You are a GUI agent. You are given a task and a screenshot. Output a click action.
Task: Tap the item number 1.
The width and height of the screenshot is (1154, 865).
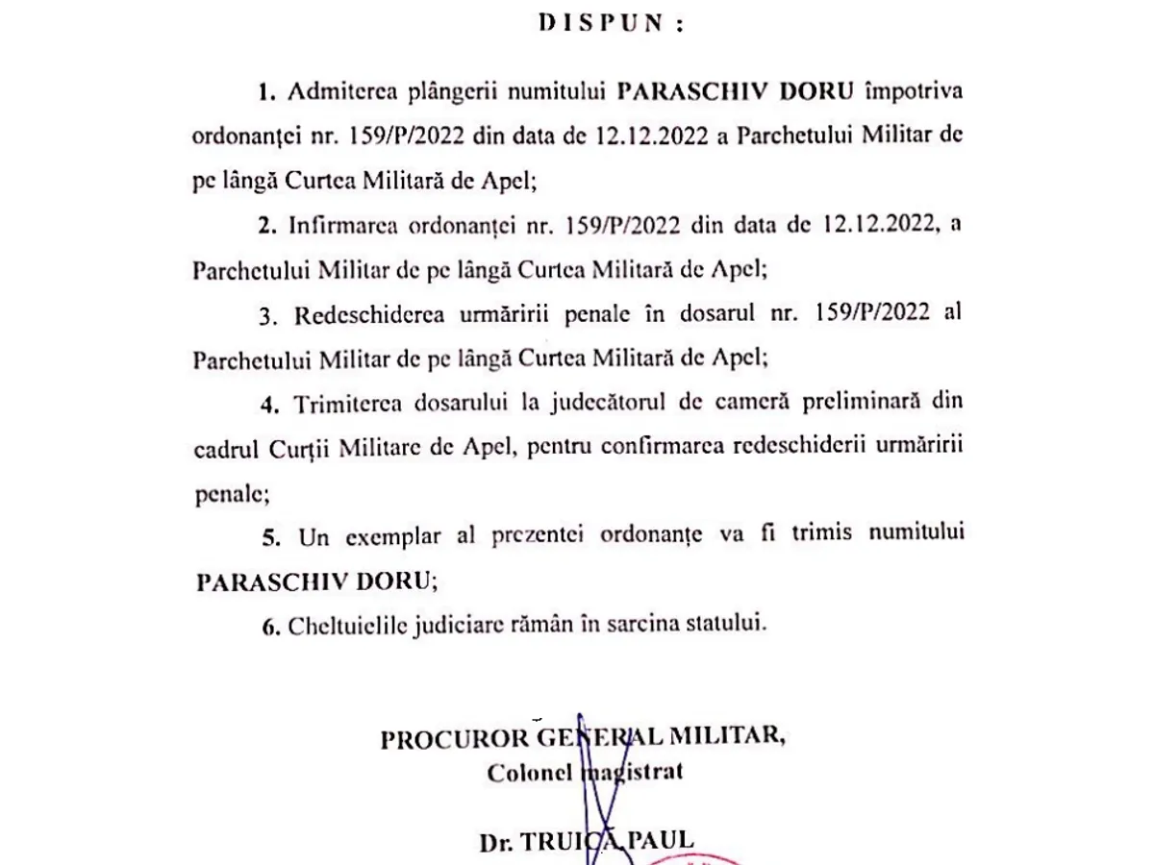tap(265, 92)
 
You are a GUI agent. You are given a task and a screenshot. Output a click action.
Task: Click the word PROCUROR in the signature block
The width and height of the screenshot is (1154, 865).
tap(454, 738)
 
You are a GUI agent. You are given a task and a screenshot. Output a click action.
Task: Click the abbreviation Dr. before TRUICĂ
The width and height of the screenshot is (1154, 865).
tap(495, 842)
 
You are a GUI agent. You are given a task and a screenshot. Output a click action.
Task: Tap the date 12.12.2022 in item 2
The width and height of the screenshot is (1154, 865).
tap(877, 225)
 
